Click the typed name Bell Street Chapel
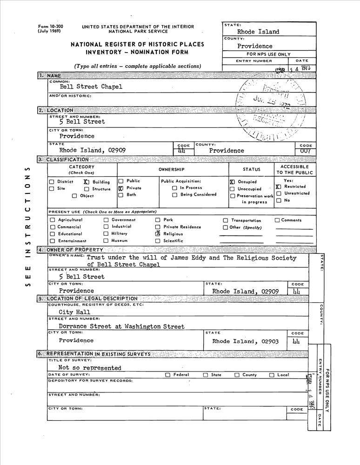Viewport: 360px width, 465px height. click(x=91, y=86)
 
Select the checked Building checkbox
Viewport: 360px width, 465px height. click(x=87, y=182)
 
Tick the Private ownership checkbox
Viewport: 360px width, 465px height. click(x=120, y=188)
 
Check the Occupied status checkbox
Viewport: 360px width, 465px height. click(x=232, y=182)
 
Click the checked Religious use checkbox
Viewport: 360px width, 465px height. click(x=158, y=234)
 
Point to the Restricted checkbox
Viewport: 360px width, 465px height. click(x=278, y=186)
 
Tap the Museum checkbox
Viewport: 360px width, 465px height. click(x=106, y=241)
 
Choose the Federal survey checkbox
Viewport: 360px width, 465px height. click(x=168, y=375)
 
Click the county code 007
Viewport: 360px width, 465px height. click(x=305, y=151)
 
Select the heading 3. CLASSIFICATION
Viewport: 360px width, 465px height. click(x=64, y=159)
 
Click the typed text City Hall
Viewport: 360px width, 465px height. click(x=74, y=312)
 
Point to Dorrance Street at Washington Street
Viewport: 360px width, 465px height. click(x=121, y=326)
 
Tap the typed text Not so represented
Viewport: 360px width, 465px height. click(x=90, y=368)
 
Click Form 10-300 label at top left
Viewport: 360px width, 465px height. click(x=49, y=27)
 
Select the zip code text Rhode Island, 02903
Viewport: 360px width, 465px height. click(x=245, y=341)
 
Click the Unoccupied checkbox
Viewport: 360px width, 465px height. click(x=232, y=189)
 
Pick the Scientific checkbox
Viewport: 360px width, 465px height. click(x=158, y=241)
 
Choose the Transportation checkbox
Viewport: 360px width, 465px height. click(x=226, y=220)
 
